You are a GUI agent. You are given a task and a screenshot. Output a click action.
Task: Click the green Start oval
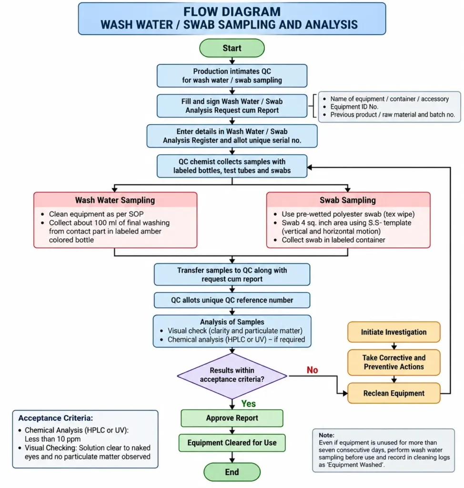click(x=232, y=48)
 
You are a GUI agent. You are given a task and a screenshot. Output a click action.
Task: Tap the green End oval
click(x=232, y=472)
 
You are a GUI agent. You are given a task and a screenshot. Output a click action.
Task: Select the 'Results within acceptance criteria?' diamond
click(x=232, y=376)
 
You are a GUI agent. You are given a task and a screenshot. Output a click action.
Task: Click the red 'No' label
click(x=312, y=370)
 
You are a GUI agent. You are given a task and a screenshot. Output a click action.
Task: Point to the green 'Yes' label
click(x=248, y=404)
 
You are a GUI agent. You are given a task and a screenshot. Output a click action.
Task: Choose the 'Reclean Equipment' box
click(x=393, y=393)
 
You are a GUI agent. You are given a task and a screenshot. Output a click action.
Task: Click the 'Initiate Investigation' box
click(x=393, y=332)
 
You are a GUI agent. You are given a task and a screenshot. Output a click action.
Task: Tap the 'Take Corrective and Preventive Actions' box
click(x=393, y=362)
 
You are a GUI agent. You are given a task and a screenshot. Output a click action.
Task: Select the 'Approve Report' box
click(x=232, y=418)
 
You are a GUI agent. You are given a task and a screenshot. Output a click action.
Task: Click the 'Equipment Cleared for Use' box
click(x=232, y=443)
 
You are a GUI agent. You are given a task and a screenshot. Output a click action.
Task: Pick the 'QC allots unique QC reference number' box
click(x=232, y=300)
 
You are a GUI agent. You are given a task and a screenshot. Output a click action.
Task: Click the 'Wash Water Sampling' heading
click(x=115, y=200)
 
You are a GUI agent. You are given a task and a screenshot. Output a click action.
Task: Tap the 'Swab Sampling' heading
click(x=348, y=200)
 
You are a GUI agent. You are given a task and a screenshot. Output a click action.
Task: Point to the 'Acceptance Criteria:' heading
click(x=55, y=418)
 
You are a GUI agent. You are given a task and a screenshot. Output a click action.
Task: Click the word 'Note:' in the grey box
click(x=326, y=435)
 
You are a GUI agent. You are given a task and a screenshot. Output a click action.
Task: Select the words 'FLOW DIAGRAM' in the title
click(x=232, y=12)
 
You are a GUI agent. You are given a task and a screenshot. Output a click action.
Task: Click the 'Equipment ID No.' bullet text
click(x=354, y=107)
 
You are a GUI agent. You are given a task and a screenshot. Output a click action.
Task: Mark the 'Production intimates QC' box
click(x=232, y=76)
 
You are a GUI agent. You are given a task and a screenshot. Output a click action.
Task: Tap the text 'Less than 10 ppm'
click(x=52, y=439)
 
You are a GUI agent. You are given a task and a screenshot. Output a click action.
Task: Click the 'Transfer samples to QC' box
click(x=232, y=274)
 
